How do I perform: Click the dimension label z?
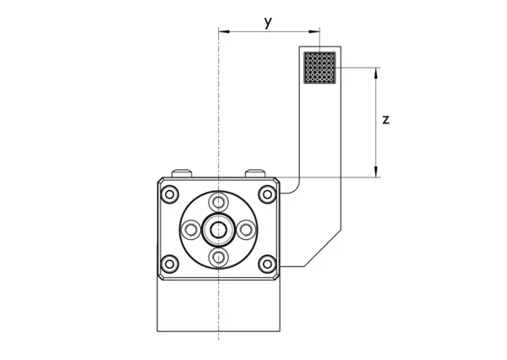pos(385,120)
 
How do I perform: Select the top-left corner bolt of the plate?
pos(171,194)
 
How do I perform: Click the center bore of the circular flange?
pos(218,228)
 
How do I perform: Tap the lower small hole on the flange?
pos(218,255)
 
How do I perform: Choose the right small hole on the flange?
pos(245,228)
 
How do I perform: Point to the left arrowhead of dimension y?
pos(222,32)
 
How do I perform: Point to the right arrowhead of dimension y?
pos(317,32)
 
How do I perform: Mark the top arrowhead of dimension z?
pos(375,71)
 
